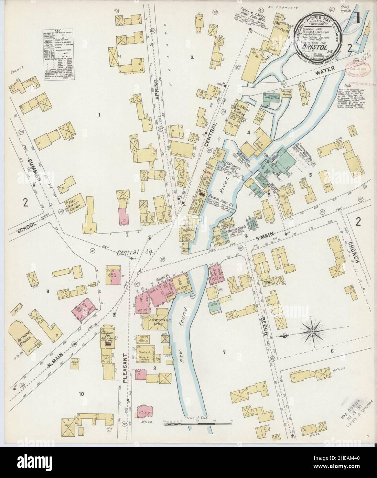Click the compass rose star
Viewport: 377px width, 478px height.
point(312,332)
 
